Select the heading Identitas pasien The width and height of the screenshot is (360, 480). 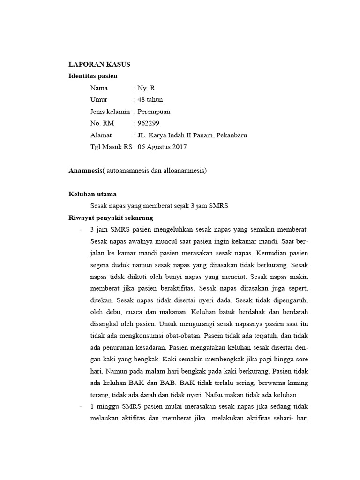pyautogui.click(x=93, y=76)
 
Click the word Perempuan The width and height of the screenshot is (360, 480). pyautogui.click(x=153, y=112)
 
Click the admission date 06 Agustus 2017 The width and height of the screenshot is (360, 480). pyautogui.click(x=162, y=147)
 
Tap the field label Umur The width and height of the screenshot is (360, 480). pyautogui.click(x=98, y=99)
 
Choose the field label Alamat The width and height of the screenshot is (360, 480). pyautogui.click(x=101, y=135)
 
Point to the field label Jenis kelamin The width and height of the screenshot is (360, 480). pyautogui.click(x=110, y=112)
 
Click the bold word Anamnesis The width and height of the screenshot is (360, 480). pyautogui.click(x=85, y=171)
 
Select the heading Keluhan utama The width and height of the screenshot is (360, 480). pyautogui.click(x=92, y=194)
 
